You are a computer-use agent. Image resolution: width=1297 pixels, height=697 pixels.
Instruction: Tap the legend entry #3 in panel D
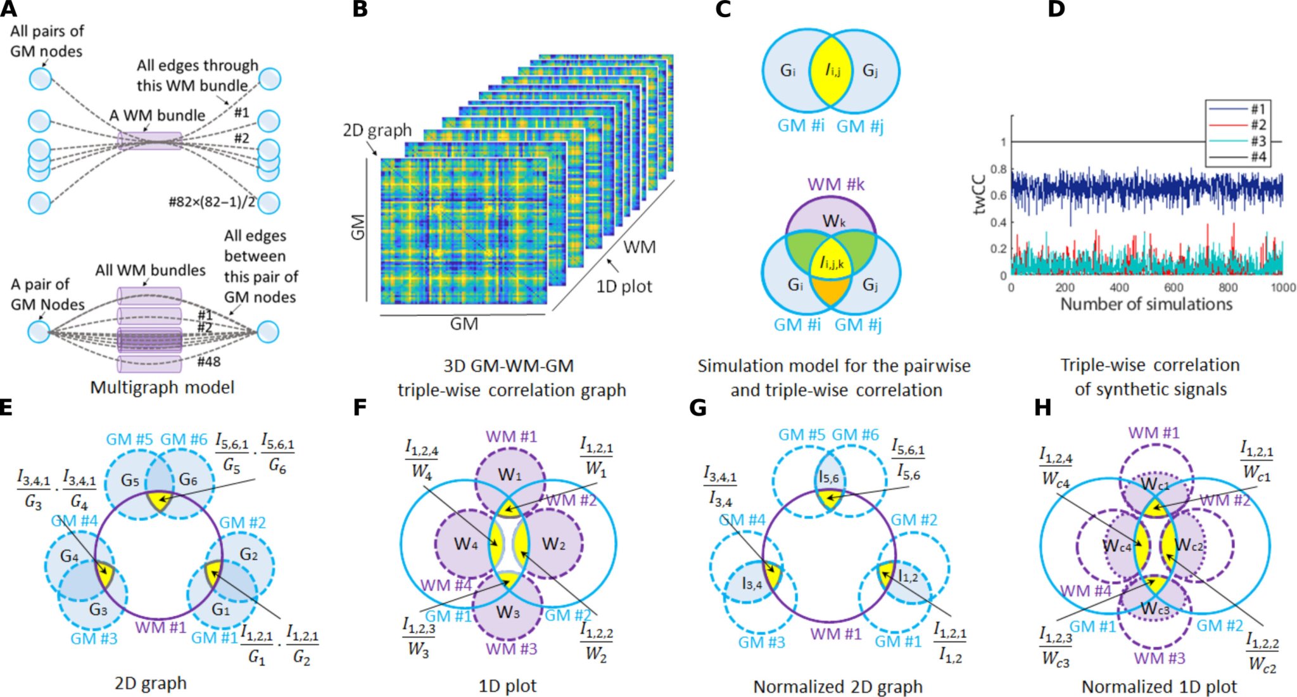[1258, 141]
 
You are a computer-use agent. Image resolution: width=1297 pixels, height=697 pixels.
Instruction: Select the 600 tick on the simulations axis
[1174, 288]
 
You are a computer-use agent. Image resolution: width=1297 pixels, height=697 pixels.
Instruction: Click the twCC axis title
[980, 194]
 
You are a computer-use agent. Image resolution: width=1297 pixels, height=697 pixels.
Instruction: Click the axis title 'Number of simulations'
[1146, 304]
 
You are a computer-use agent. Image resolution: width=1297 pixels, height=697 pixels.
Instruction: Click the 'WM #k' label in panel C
[835, 184]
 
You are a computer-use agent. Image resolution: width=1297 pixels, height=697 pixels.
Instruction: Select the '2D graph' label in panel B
[377, 131]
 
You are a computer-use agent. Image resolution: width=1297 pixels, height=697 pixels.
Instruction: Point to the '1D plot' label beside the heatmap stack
[624, 286]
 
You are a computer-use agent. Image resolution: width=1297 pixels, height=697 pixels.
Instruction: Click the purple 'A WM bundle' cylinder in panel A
[149, 140]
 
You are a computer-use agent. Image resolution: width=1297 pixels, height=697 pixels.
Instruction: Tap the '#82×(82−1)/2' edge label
[212, 201]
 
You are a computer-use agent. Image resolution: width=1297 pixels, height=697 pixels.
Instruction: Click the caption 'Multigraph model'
[162, 387]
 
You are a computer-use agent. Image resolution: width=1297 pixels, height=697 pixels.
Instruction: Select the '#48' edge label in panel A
[209, 362]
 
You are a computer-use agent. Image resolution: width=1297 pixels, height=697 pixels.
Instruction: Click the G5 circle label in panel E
[130, 481]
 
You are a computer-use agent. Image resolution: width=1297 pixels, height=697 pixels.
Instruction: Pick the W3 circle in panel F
[508, 612]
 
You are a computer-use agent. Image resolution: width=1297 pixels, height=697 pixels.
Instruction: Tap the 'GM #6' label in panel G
[855, 435]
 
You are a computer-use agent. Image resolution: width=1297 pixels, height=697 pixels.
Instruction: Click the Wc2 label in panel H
[1189, 545]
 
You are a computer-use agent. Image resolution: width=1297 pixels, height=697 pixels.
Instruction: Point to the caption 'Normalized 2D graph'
[837, 687]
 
